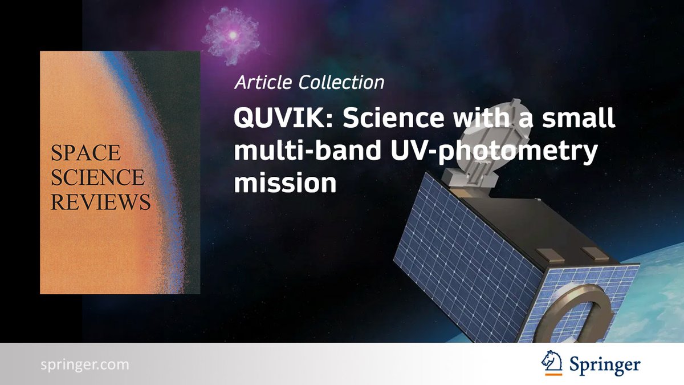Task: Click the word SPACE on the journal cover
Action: point(85,153)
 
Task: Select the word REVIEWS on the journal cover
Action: point(100,202)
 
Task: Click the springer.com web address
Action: point(85,364)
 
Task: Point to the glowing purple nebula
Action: point(231,35)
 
